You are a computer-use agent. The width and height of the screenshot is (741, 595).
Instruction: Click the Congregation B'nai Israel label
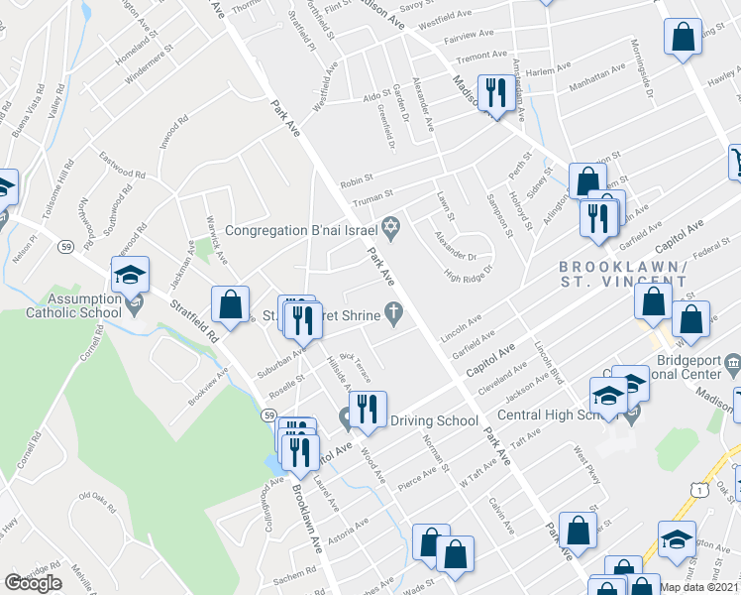(301, 230)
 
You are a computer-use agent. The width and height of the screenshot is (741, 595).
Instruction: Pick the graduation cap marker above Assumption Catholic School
(130, 278)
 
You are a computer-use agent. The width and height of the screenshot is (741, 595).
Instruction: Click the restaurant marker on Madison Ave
(492, 94)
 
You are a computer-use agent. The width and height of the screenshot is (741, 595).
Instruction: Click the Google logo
(33, 583)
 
